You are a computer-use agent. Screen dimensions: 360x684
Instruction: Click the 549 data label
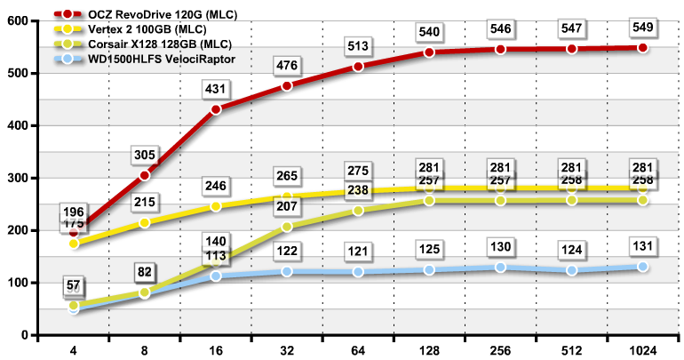click(x=643, y=28)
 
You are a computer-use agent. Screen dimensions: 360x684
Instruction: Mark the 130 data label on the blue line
click(x=500, y=247)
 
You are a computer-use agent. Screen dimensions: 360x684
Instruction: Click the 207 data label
click(x=287, y=207)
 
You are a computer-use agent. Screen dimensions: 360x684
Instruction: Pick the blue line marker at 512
click(x=571, y=270)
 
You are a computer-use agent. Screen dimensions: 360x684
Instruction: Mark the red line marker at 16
click(x=216, y=109)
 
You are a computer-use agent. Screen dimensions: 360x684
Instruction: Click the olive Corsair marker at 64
click(x=358, y=211)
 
